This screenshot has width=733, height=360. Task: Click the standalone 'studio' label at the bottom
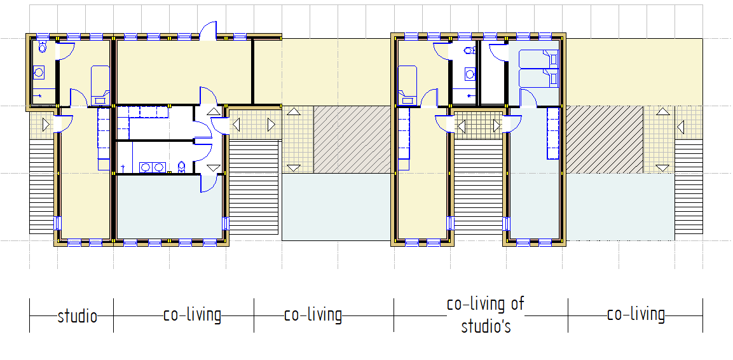pos(78,317)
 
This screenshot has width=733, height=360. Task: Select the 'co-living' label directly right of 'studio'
pos(192,315)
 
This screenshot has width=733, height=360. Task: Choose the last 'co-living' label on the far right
pos(636,315)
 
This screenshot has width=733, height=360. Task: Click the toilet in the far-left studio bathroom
pos(43,47)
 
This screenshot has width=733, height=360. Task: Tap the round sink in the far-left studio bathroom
pos(39,72)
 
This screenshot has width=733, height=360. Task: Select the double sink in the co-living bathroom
pos(153,167)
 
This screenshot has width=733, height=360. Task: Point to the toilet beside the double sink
pos(183,167)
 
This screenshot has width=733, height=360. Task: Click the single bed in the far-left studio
pos(100,85)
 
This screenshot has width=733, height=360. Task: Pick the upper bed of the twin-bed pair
pos(539,60)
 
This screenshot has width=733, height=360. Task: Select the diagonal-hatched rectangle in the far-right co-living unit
pos(605,139)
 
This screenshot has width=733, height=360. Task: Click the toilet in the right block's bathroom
pos(469,50)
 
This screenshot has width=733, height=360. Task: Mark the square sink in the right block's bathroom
pos(469,73)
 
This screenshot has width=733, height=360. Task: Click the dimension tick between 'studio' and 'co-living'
pos(114,315)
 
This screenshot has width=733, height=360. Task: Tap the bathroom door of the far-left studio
pos(65,50)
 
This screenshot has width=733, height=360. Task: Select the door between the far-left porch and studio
pos(63,123)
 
